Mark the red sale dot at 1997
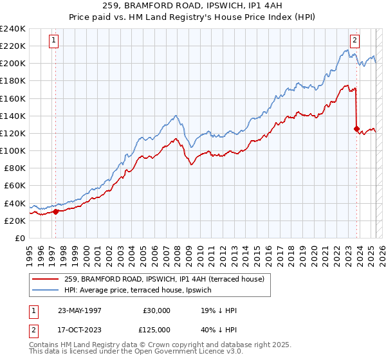coord(56,212)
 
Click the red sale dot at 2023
coord(356,129)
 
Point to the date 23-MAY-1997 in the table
coord(80,310)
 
